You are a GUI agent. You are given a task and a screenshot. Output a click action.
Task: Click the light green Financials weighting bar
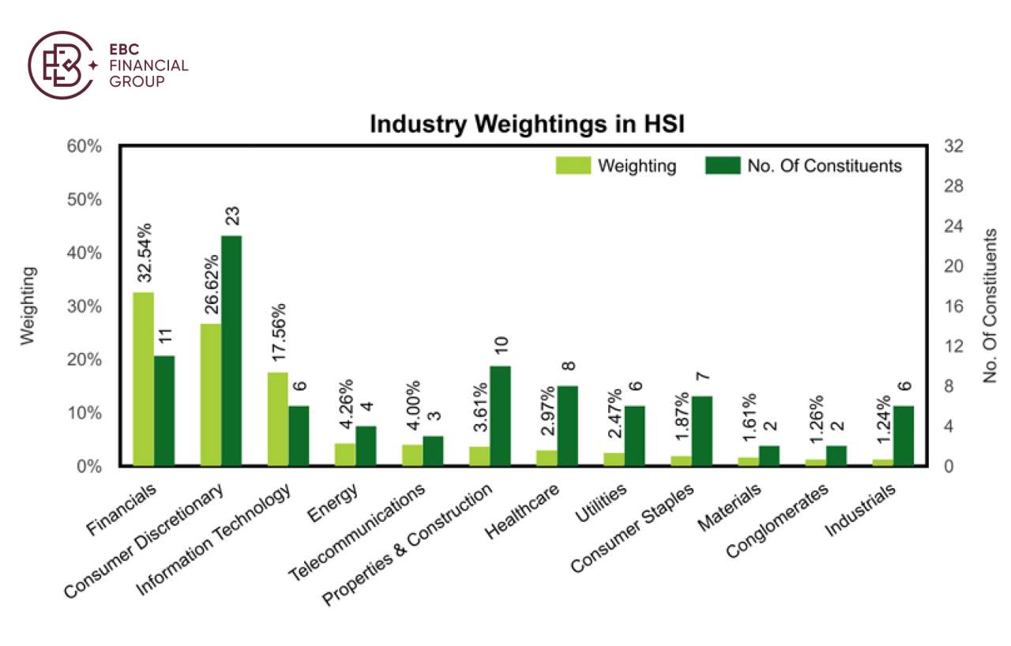click(x=143, y=380)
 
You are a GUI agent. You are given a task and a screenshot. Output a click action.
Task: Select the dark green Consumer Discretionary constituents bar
click(x=231, y=351)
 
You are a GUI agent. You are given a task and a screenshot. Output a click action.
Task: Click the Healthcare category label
click(x=524, y=512)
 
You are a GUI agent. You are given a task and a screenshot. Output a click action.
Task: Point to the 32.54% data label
click(x=145, y=253)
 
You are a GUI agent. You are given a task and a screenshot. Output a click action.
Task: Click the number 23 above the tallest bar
click(x=231, y=216)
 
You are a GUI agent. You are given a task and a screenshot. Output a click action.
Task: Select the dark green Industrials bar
click(x=904, y=436)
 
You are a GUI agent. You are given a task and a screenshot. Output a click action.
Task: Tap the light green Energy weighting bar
click(x=345, y=455)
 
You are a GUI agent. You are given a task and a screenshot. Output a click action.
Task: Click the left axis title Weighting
click(x=28, y=306)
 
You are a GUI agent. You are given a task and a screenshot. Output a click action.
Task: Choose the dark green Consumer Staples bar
click(x=702, y=431)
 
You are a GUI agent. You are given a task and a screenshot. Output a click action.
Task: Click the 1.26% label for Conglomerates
click(x=816, y=426)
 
